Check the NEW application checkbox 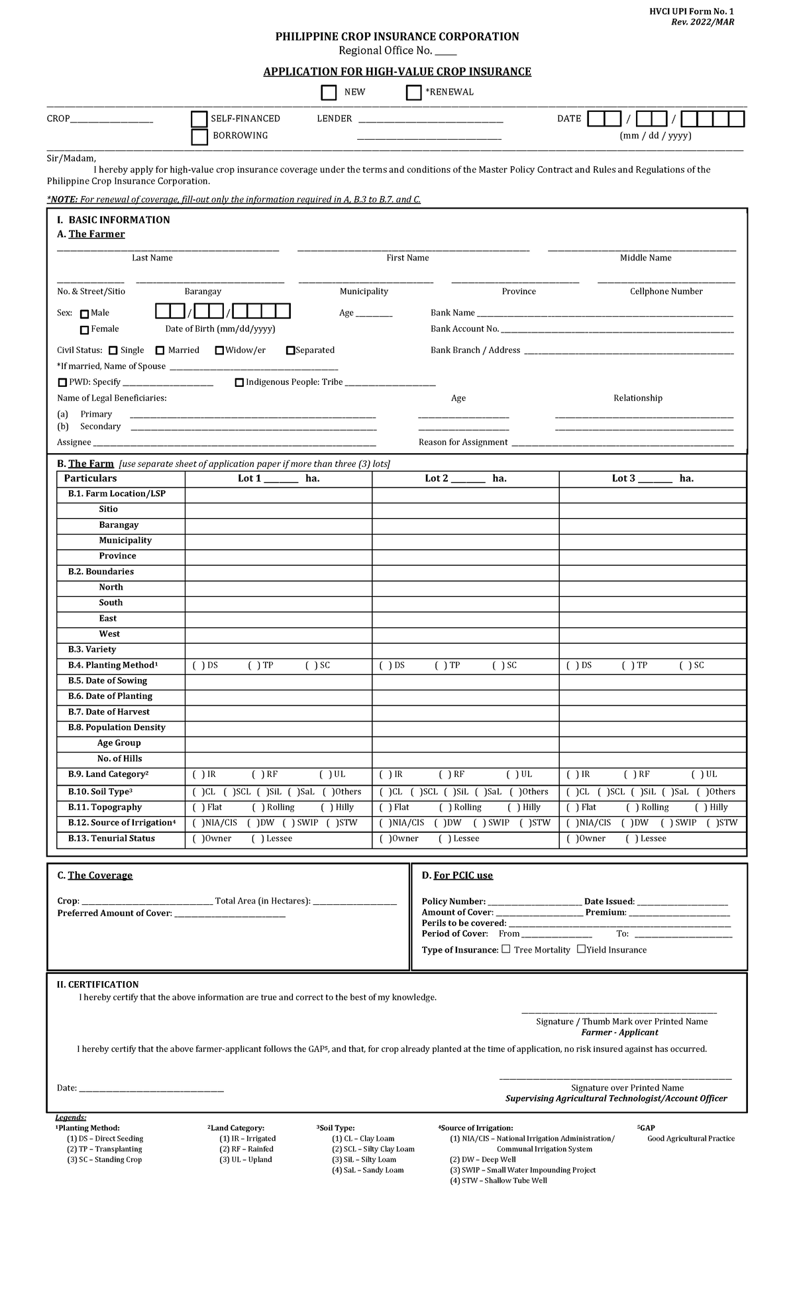329,93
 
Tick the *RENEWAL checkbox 413,93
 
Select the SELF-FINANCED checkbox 199,119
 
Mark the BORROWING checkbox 199,136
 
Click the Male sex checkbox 84,314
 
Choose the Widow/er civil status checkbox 219,350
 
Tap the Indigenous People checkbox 239,382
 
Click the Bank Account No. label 464,329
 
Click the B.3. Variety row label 91,649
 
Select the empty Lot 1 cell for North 278,587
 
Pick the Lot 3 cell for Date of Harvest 652,711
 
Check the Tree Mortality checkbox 506,949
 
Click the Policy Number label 453,902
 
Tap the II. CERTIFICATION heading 97,984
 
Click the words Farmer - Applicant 619,1032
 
